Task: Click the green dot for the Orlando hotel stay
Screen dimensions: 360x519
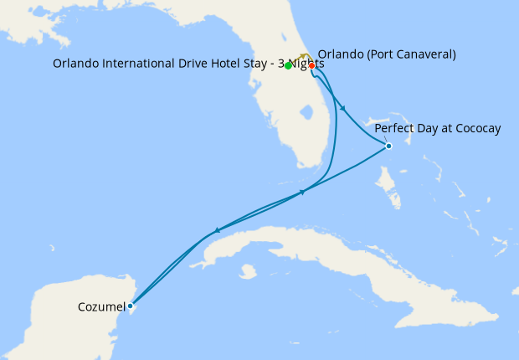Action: (x=288, y=65)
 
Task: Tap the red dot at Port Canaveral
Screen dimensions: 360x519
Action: (x=311, y=65)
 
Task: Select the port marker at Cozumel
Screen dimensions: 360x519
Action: (x=130, y=306)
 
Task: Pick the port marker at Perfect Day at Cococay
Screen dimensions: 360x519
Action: (x=388, y=146)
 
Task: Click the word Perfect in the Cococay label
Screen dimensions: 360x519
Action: (x=394, y=128)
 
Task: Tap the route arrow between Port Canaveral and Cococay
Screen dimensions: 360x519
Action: (x=343, y=108)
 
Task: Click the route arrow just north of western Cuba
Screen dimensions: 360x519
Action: (x=218, y=229)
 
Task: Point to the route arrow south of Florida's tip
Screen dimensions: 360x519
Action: (x=302, y=193)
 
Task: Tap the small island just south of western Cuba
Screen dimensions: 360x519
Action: (x=247, y=271)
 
